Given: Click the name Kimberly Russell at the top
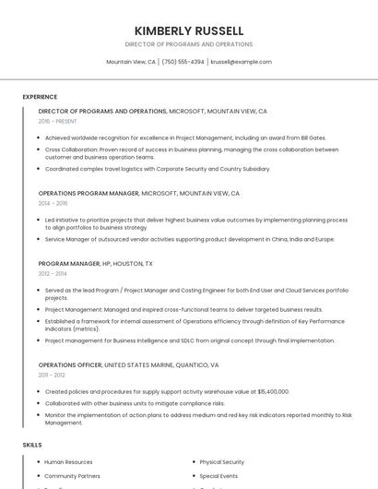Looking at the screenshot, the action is [x=189, y=30].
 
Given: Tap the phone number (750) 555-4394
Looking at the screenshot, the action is [x=183, y=62].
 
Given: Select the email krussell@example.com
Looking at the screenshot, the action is [x=241, y=62].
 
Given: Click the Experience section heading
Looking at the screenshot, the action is [x=40, y=97].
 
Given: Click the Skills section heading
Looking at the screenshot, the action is [x=32, y=445].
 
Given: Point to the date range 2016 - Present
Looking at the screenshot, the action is [x=58, y=121].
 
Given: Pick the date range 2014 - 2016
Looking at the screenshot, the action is [x=53, y=203].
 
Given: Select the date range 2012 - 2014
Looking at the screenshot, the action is [x=53, y=273].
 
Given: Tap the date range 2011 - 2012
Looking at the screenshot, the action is [x=52, y=375].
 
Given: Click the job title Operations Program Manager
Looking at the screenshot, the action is [x=88, y=194].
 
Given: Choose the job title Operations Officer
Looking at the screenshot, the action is [x=70, y=364].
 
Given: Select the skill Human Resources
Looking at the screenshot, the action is [x=68, y=461].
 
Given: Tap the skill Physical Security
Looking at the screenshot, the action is [x=221, y=461].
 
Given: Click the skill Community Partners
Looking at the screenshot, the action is [x=72, y=475].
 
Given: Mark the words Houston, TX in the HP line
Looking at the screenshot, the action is [x=136, y=264].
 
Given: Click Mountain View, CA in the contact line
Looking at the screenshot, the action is [x=131, y=62].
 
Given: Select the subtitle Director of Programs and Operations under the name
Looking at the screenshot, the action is [x=189, y=44].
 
